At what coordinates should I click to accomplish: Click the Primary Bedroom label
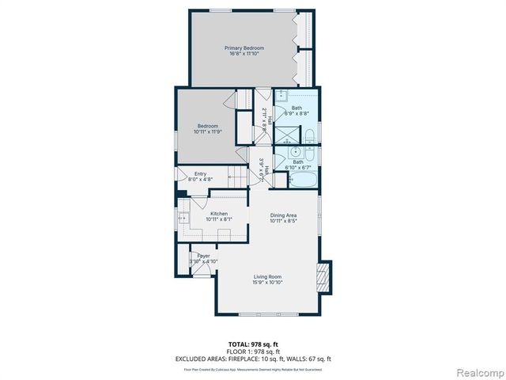(x=244, y=48)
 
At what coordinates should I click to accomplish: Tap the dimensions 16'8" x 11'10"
(x=244, y=54)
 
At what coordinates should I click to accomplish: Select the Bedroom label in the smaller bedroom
(x=207, y=126)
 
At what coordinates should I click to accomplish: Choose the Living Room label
(x=267, y=276)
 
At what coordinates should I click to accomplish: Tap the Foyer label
(x=203, y=256)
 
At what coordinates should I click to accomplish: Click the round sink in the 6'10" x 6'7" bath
(x=296, y=152)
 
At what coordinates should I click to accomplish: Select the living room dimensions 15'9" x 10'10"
(x=267, y=282)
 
